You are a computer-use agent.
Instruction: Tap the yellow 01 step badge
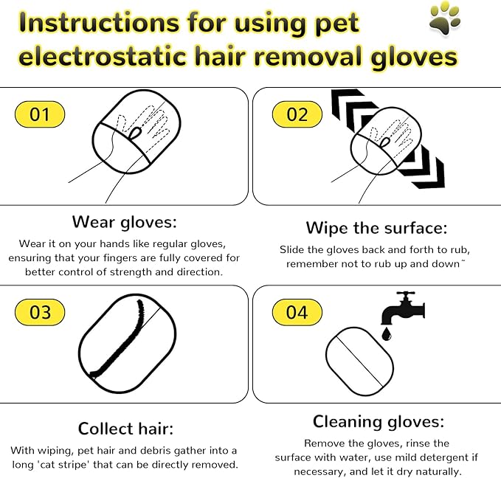40,114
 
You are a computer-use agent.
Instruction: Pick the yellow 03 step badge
40,312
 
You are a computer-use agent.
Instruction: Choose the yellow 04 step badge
296,312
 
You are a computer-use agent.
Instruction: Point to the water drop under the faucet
386,335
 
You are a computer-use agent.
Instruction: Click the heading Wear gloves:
125,221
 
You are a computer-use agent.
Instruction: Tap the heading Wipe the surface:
376,227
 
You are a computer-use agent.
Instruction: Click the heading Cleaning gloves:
378,422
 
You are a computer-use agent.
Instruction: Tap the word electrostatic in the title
100,57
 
